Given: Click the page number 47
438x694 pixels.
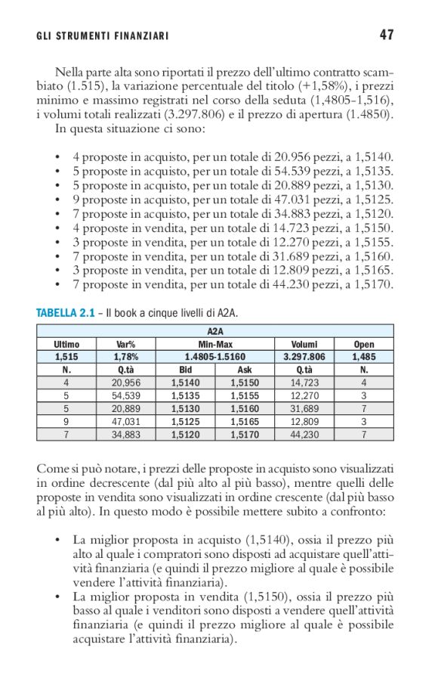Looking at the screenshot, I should pyautogui.click(x=387, y=35).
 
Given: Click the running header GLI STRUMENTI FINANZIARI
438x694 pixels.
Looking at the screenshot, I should pyautogui.click(x=102, y=36).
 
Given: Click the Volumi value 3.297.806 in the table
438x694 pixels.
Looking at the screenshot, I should pyautogui.click(x=304, y=357).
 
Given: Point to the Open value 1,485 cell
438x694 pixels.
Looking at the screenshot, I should pyautogui.click(x=363, y=357).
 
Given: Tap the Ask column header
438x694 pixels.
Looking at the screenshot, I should pyautogui.click(x=245, y=370).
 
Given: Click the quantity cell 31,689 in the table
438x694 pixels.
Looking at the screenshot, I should pyautogui.click(x=304, y=408).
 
